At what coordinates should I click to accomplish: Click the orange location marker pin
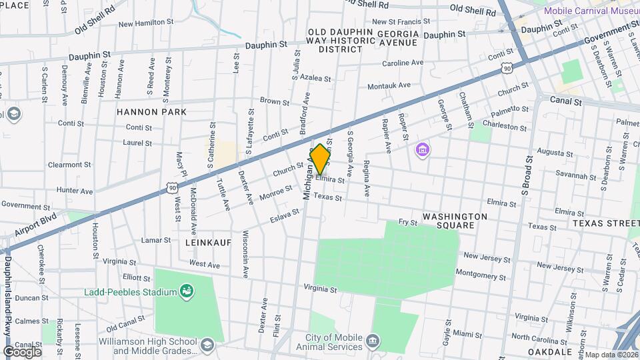pos(320,160)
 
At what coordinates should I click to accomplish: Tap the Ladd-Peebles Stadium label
pos(130,292)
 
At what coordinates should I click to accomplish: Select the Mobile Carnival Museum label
pos(591,11)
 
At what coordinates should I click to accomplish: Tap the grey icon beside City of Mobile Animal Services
pos(373,343)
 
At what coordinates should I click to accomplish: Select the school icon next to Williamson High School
pos(207,345)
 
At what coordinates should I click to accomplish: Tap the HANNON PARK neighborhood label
pos(151,112)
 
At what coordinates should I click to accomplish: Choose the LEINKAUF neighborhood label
pos(208,243)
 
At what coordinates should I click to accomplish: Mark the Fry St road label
pos(407,221)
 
